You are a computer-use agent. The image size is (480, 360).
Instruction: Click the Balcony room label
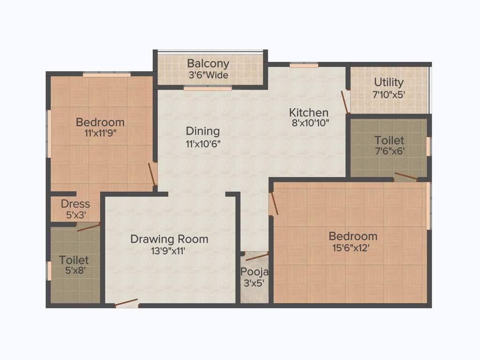(208, 63)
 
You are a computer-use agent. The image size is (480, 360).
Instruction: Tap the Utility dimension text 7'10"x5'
(389, 94)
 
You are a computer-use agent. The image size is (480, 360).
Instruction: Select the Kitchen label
(308, 112)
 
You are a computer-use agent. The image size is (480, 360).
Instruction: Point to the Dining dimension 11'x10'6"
(202, 144)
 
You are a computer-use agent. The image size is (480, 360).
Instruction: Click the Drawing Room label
(169, 239)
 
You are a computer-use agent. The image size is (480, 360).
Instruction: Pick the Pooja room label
(255, 272)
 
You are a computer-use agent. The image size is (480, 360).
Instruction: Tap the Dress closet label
(75, 204)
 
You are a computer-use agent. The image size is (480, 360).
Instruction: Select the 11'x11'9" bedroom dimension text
(100, 133)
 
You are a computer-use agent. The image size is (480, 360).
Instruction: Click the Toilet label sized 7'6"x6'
(389, 140)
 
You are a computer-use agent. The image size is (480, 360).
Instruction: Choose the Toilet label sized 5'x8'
(74, 260)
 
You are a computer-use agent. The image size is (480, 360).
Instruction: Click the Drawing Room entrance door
(127, 303)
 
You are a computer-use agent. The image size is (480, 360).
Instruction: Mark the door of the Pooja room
(256, 256)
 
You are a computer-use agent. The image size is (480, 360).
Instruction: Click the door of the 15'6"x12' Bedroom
(273, 203)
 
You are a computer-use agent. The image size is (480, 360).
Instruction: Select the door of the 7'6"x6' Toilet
(405, 177)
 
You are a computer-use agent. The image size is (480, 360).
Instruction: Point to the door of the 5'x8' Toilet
(88, 227)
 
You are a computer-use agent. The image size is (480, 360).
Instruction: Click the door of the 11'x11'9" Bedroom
(152, 174)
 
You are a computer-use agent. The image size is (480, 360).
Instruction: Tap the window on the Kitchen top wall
(304, 65)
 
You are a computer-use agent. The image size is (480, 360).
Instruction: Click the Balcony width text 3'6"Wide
(208, 75)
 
